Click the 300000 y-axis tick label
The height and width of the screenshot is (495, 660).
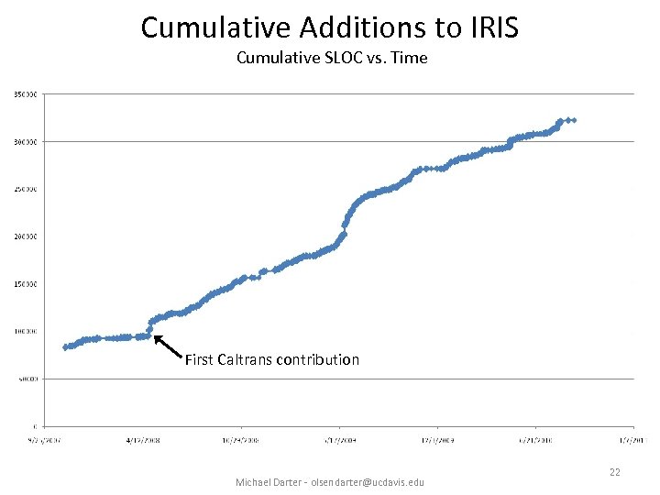point(25,142)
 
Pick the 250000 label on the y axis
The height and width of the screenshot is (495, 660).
point(25,190)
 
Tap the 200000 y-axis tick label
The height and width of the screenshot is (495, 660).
point(25,236)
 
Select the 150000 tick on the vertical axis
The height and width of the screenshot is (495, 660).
point(25,284)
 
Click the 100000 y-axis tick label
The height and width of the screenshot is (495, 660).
point(25,332)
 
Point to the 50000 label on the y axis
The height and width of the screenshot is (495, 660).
point(27,379)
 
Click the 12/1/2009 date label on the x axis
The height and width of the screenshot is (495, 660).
point(437,439)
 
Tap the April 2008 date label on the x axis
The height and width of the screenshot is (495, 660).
point(143,439)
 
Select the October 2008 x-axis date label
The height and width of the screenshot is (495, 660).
point(241,439)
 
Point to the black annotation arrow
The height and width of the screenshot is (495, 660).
point(167,346)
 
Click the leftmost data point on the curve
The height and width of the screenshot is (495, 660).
point(65,347)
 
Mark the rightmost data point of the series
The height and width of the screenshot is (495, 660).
point(574,120)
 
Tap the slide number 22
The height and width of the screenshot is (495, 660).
point(613,471)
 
